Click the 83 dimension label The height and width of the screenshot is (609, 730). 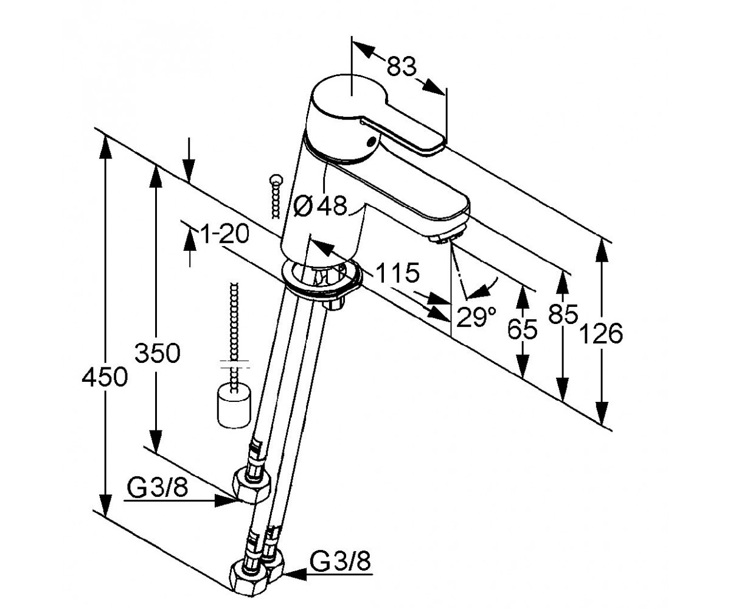coord(402,66)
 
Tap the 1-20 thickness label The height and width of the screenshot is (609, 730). coord(225,233)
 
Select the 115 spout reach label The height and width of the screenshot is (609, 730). coord(397,273)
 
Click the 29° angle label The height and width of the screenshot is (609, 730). coord(476,317)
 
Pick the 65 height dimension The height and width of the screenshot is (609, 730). coord(523,329)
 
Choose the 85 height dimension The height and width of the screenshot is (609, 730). coord(563,314)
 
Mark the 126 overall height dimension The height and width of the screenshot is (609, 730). coord(601,334)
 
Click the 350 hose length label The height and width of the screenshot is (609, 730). coord(158,353)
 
